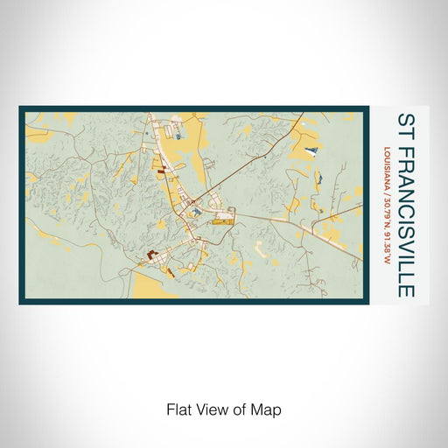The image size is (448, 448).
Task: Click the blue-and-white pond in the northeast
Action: pyautogui.click(x=311, y=152)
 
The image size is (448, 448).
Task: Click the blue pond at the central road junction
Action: pyautogui.click(x=198, y=208)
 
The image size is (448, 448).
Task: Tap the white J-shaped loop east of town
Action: pyautogui.click(x=262, y=248)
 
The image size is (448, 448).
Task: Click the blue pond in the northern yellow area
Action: pyautogui.click(x=178, y=133)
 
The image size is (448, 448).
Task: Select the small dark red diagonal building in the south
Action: pyautogui.click(x=170, y=272)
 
